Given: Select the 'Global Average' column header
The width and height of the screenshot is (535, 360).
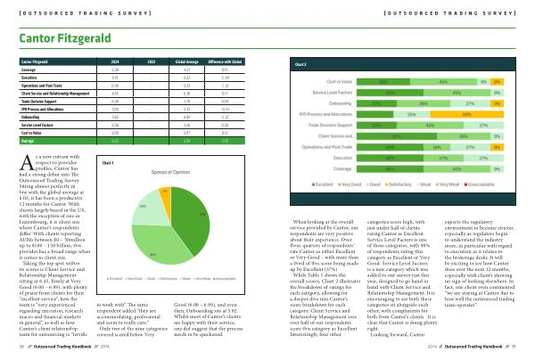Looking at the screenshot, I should tap(188, 63).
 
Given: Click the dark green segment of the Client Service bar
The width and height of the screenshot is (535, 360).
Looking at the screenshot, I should tap(383, 135).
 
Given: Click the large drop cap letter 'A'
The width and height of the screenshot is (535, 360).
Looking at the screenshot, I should tap(28, 161).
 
